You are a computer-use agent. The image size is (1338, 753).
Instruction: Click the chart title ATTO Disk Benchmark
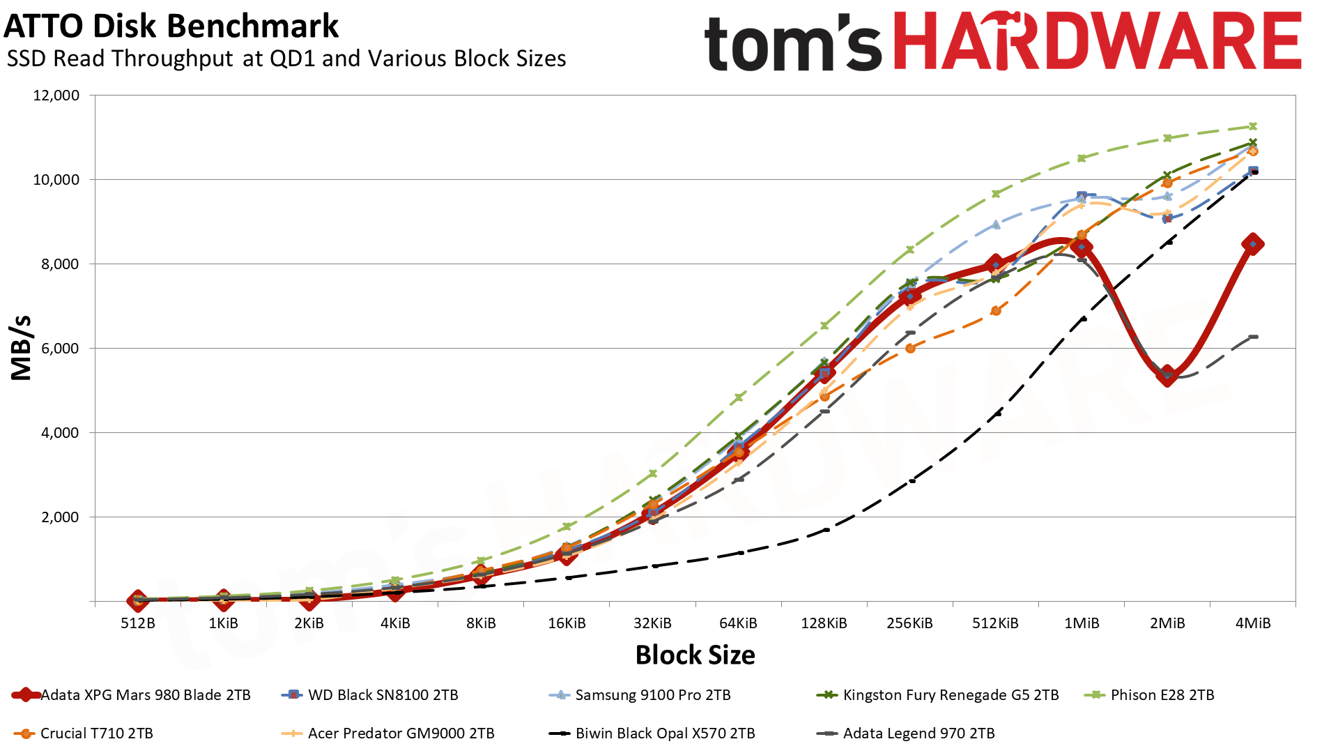pyautogui.click(x=171, y=26)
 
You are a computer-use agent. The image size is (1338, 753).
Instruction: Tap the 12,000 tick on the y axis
pyautogui.click(x=56, y=96)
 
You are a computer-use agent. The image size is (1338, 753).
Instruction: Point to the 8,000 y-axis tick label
pyautogui.click(x=56, y=264)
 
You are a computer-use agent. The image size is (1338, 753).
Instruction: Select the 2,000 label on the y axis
pyautogui.click(x=56, y=517)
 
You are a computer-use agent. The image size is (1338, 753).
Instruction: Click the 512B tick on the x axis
pyautogui.click(x=138, y=623)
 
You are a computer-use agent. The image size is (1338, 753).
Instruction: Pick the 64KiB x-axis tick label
pyautogui.click(x=738, y=623)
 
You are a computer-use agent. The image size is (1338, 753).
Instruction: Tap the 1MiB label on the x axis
pyautogui.click(x=1082, y=623)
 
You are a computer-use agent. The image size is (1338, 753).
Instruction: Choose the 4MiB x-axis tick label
pyautogui.click(x=1253, y=623)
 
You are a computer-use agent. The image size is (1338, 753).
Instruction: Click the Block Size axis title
pyautogui.click(x=695, y=655)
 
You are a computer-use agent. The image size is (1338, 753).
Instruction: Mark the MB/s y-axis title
pyautogui.click(x=22, y=348)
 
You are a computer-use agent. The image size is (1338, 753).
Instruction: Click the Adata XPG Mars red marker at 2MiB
pyautogui.click(x=1167, y=375)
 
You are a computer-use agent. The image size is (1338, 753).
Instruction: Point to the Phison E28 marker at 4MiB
pyautogui.click(x=1253, y=126)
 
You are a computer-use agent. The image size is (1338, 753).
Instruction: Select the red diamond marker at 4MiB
pyautogui.click(x=1253, y=244)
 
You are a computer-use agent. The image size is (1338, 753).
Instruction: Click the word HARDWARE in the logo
pyautogui.click(x=1097, y=42)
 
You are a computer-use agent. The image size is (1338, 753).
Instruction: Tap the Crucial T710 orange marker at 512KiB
pyautogui.click(x=996, y=311)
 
